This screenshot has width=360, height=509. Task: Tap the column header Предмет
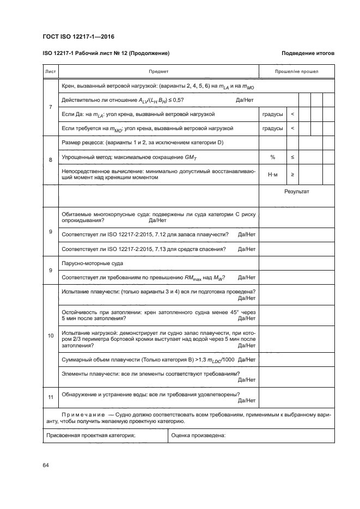[158, 71]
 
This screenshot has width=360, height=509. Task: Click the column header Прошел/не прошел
[296, 71]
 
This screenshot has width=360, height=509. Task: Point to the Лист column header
[50, 71]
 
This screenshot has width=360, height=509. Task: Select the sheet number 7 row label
[50, 107]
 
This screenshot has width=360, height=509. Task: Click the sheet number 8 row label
[50, 160]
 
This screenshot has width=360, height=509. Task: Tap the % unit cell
[272, 157]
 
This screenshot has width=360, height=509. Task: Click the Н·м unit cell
[272, 175]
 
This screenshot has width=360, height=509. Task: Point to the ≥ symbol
[292, 175]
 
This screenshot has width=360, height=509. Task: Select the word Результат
[296, 192]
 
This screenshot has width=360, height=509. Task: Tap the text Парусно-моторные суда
[93, 263]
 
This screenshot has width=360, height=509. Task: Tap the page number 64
[46, 464]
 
